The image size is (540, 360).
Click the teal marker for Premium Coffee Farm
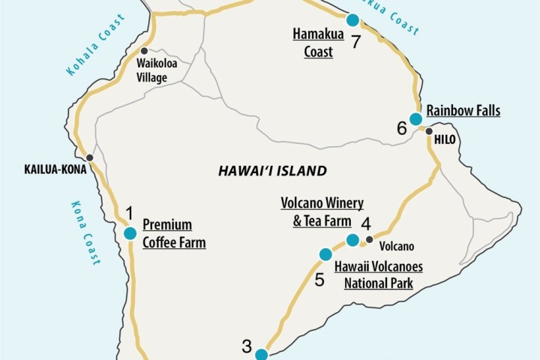point(130,233)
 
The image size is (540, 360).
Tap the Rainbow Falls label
point(463,111)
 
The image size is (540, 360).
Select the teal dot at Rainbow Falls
point(415,118)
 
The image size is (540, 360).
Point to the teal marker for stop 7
point(352,20)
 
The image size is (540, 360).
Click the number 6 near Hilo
point(402,128)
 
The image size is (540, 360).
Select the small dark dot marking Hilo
point(429,132)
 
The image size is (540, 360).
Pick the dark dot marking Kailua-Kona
point(90,157)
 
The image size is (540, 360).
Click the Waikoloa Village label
point(157,70)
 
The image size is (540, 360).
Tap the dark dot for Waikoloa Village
point(142,52)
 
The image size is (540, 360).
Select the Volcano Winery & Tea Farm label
point(322,211)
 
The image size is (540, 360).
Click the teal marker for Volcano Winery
point(352,240)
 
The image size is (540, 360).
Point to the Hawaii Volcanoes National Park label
point(379,274)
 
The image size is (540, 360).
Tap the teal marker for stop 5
point(325,255)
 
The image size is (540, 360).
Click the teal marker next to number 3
point(261,355)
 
